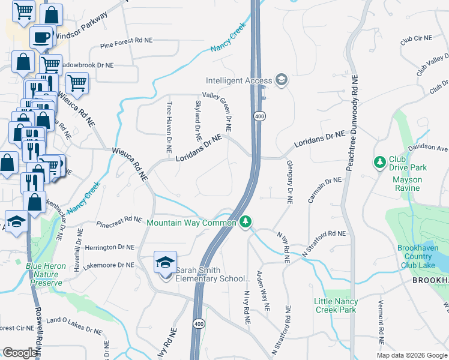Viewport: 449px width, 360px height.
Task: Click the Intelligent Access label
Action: click(238, 80)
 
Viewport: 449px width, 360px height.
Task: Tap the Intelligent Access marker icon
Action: click(281, 80)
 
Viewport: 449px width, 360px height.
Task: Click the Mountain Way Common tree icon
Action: click(245, 223)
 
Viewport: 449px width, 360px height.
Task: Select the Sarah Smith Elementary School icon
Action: click(165, 262)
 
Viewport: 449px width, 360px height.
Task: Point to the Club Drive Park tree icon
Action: click(379, 163)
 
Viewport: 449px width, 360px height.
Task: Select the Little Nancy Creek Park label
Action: click(335, 305)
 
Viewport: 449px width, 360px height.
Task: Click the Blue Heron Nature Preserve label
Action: click(44, 274)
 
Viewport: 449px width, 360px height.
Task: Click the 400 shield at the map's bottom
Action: click(199, 324)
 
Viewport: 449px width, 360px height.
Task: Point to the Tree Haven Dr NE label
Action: click(169, 118)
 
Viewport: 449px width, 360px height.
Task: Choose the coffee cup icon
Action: click(41, 36)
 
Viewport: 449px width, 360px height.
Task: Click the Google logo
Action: click(20, 353)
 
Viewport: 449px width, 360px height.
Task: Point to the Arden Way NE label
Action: click(264, 289)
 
